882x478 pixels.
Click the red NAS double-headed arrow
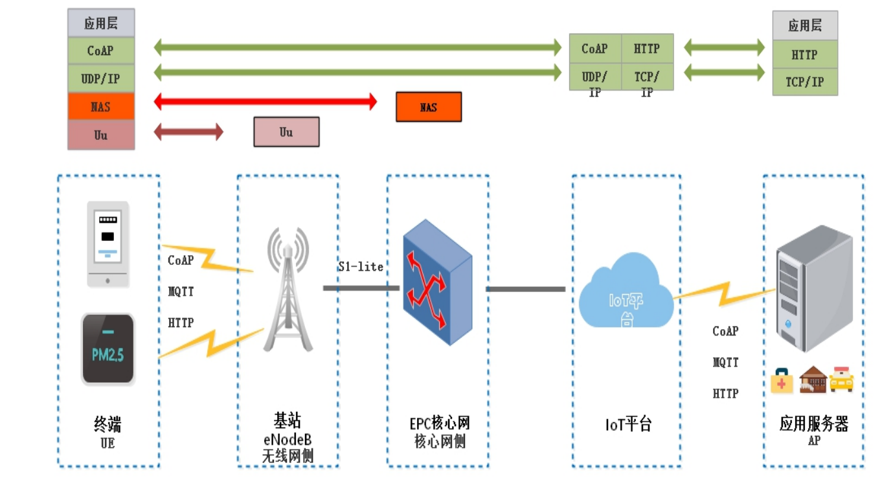click(265, 102)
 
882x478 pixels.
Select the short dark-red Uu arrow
click(188, 132)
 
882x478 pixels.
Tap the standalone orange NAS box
click(429, 107)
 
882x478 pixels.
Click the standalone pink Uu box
click(286, 132)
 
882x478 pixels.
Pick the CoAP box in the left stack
click(101, 51)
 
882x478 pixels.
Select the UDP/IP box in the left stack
click(101, 79)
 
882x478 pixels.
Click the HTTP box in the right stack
click(805, 54)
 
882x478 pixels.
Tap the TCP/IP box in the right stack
click(805, 82)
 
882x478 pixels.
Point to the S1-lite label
click(361, 267)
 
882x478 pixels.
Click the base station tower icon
click(288, 290)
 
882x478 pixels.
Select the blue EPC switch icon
click(438, 282)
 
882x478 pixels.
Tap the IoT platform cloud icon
click(626, 290)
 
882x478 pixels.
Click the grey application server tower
click(814, 288)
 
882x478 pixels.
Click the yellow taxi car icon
click(841, 379)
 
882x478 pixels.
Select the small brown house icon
click(813, 380)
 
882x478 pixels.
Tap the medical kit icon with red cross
click(782, 380)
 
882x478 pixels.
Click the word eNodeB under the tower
click(288, 439)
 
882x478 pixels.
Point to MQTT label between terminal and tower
click(181, 291)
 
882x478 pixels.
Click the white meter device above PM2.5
click(108, 244)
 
